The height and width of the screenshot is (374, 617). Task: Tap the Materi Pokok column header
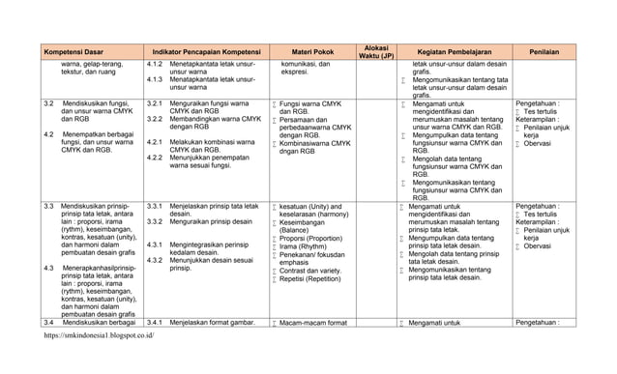coord(313,50)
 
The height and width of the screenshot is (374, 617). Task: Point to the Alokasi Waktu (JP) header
coord(372,50)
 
